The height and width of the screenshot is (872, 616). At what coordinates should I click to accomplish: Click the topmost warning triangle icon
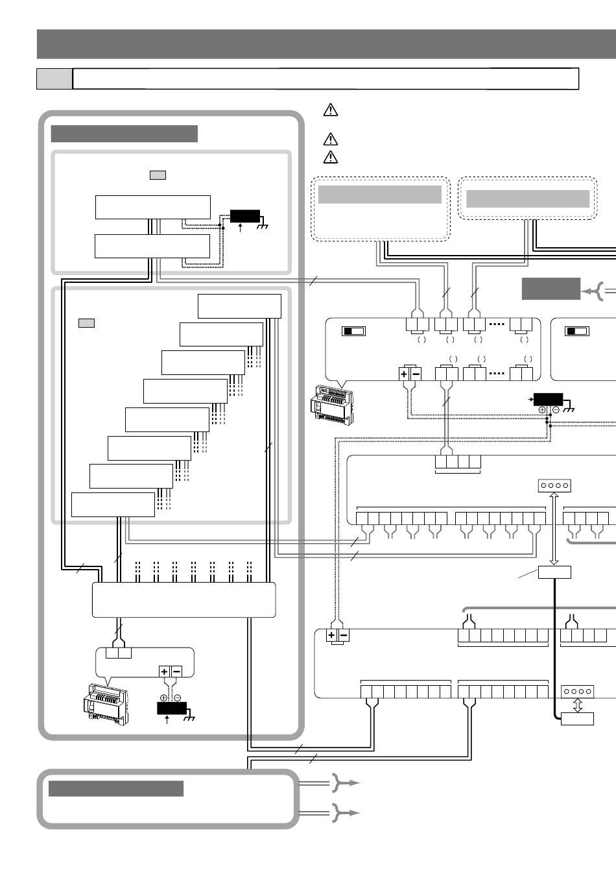point(330,110)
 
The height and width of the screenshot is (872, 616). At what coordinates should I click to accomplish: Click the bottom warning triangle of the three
point(330,156)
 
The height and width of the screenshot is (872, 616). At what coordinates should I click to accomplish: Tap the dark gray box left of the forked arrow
point(551,289)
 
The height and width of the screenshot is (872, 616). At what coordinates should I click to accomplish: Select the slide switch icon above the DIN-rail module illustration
point(354,331)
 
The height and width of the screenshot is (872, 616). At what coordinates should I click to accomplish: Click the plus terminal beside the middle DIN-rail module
point(404,374)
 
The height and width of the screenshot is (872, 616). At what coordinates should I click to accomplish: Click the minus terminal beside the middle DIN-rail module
point(416,374)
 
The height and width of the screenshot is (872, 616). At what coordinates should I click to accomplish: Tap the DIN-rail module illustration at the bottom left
point(105,704)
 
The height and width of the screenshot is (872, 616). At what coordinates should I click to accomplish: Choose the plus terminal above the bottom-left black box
point(164,672)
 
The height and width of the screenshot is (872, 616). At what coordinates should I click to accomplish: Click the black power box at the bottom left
point(171,707)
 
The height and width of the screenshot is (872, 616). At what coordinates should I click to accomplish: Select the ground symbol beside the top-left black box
point(263,226)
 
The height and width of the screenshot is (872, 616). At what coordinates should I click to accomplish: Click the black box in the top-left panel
point(245,216)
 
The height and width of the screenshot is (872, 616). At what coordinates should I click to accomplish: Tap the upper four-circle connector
point(554,485)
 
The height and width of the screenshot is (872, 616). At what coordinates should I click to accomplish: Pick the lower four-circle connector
point(577,691)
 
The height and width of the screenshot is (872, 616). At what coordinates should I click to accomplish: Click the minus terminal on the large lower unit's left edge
point(344,636)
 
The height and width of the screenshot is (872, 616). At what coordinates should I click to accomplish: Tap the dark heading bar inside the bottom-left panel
point(116,788)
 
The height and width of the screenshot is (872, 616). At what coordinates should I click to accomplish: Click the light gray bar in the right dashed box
point(528,199)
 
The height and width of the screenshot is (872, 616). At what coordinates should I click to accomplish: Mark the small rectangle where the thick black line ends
point(577,719)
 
